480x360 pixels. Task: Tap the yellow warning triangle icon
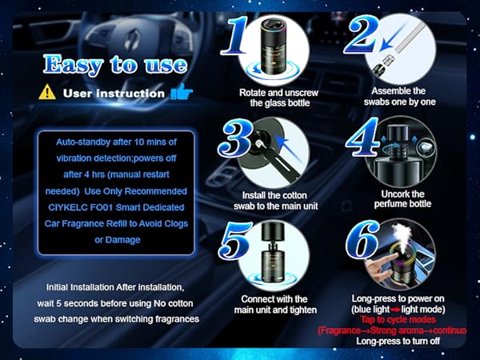point(47,93)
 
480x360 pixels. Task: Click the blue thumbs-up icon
point(180,93)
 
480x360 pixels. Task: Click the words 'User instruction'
point(114,93)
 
